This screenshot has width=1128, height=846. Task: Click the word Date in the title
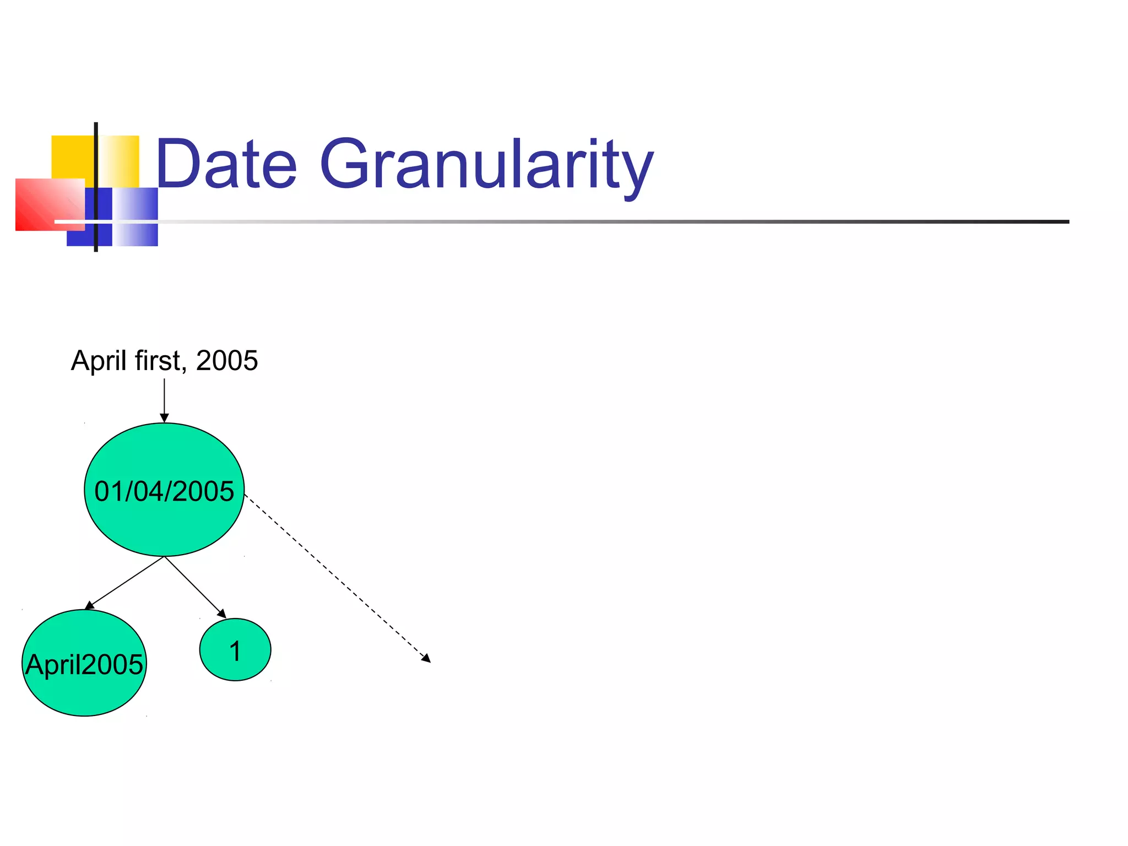pyautogui.click(x=226, y=164)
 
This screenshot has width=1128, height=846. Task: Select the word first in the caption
pyautogui.click(x=158, y=361)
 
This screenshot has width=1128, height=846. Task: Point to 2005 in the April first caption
pyautogui.click(x=227, y=361)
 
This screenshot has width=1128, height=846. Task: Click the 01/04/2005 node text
pyautogui.click(x=164, y=491)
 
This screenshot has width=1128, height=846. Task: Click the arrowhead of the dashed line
pyautogui.click(x=426, y=658)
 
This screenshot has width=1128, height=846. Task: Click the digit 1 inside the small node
pyautogui.click(x=235, y=651)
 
